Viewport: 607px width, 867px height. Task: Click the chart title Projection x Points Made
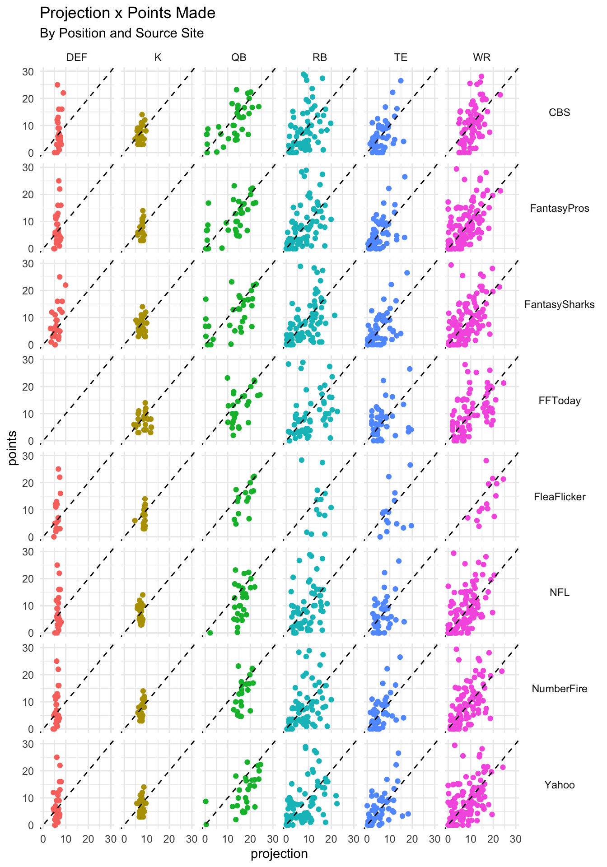click(127, 14)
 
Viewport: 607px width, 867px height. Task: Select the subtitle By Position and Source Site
click(121, 33)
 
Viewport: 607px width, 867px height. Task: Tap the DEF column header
click(77, 57)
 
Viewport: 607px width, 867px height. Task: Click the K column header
click(158, 57)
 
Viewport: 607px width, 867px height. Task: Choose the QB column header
click(239, 57)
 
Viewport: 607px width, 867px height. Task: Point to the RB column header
click(320, 57)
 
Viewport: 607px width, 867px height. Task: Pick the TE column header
click(401, 57)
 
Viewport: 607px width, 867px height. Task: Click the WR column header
click(482, 57)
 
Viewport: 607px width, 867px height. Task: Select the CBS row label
click(559, 112)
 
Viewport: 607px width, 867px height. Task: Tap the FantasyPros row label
click(559, 209)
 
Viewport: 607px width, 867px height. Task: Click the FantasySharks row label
click(559, 305)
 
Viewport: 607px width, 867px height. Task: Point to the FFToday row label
click(559, 401)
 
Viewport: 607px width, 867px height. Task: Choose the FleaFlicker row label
click(559, 497)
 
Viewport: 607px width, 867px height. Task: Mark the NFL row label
click(559, 593)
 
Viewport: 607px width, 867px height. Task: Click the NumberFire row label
click(559, 689)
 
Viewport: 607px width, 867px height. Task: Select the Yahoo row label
click(559, 785)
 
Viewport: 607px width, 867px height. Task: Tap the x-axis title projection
click(279, 854)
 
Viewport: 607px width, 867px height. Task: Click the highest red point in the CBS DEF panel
click(57, 84)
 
